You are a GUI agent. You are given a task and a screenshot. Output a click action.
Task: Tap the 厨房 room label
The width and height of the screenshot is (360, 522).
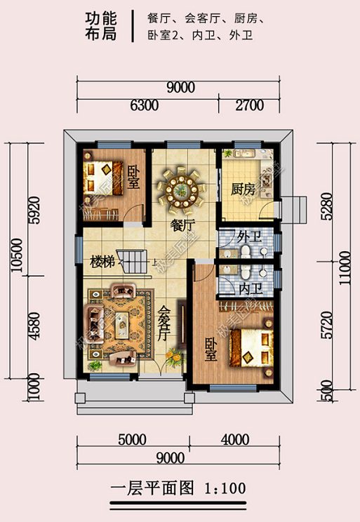click(x=243, y=189)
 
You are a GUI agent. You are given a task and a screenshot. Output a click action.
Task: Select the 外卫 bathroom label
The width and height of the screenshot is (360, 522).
click(x=249, y=237)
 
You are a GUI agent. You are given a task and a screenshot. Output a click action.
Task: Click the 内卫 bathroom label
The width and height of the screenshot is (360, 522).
click(x=251, y=289)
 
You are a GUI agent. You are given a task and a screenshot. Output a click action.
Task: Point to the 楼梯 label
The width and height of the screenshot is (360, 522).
click(x=102, y=262)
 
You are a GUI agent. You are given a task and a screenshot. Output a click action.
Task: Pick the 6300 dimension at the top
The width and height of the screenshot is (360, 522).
click(x=144, y=105)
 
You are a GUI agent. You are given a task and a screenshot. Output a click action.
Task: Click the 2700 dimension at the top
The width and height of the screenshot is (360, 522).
click(x=249, y=105)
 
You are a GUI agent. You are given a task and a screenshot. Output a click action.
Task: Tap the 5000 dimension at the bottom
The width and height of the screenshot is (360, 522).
click(x=132, y=440)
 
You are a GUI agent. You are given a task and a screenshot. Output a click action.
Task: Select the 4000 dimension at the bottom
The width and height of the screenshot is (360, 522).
click(x=235, y=440)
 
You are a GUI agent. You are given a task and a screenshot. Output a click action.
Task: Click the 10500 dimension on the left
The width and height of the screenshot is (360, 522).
click(x=17, y=255)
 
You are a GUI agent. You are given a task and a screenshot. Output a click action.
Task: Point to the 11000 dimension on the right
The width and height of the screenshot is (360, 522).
click(x=345, y=267)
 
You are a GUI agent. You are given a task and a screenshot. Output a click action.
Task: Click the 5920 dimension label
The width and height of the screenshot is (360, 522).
click(x=34, y=210)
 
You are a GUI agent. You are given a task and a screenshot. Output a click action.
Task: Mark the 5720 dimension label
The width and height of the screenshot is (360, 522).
click(x=327, y=325)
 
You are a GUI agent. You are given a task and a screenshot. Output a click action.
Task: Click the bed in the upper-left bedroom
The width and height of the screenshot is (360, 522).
click(x=104, y=178)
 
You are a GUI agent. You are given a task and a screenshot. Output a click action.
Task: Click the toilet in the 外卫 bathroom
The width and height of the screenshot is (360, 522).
click(x=246, y=251)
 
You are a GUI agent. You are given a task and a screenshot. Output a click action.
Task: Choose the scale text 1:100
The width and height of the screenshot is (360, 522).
click(x=225, y=488)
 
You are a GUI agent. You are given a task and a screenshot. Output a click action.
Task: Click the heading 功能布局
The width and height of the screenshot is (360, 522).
click(x=101, y=26)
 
